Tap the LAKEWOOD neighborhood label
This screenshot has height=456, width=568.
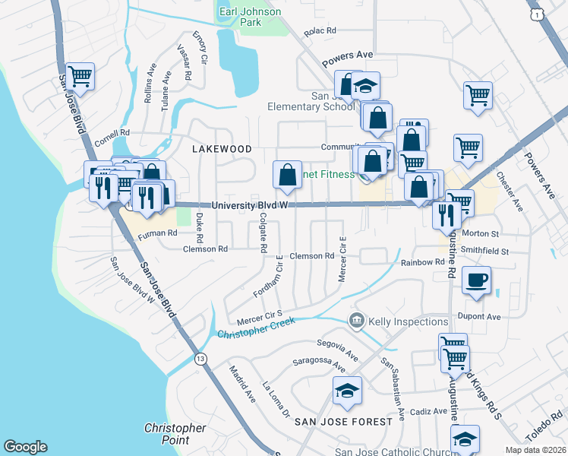pos(221,149)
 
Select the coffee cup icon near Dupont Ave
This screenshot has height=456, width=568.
pos(476,280)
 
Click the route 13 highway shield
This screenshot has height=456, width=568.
pos(200,358)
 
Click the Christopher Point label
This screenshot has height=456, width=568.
pos(175,434)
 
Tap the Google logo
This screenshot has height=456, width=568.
pos(25,447)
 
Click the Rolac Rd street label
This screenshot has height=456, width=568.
pos(320,31)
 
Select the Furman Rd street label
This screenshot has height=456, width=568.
pos(157,236)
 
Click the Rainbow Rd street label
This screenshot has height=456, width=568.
pos(423,263)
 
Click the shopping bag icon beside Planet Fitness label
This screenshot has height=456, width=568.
pos(287,175)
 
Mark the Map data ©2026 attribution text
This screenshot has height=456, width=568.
pos(536,450)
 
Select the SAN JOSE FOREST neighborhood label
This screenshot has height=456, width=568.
pos(343,420)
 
